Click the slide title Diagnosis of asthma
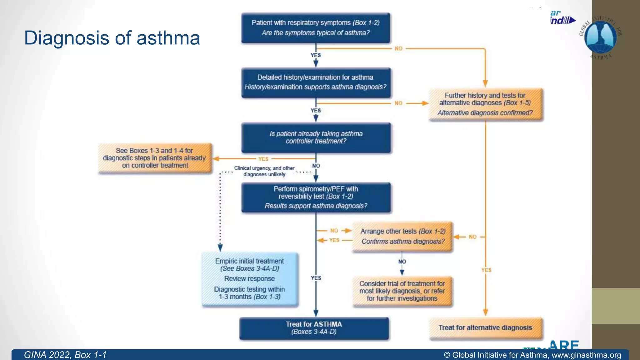tap(112, 38)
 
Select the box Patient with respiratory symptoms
tap(316, 28)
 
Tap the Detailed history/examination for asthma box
tap(316, 82)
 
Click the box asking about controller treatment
tap(316, 137)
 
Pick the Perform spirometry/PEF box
tap(316, 197)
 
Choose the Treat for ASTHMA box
tap(314, 328)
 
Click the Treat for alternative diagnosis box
tap(485, 328)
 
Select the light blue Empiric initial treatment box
tap(250, 279)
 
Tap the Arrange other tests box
tap(402, 236)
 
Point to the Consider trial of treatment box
tap(402, 291)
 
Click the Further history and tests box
tap(485, 104)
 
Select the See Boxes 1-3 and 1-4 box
tap(155, 158)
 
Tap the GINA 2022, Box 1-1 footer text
tap(65, 355)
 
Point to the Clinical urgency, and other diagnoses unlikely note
tap(264, 171)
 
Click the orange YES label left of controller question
tap(263, 159)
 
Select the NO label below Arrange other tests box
tap(402, 262)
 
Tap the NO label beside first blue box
tap(398, 49)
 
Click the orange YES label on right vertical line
tap(486, 270)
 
